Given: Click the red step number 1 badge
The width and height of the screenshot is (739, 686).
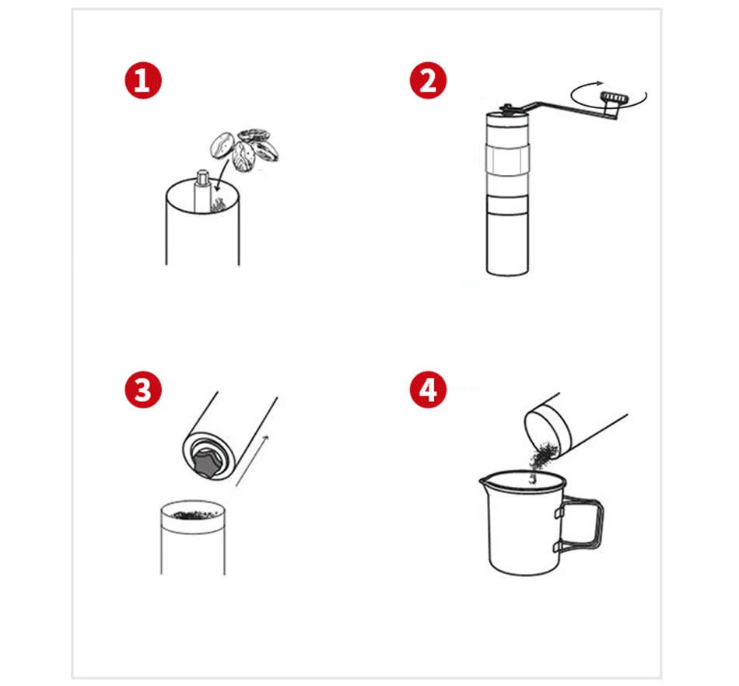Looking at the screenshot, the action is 143,80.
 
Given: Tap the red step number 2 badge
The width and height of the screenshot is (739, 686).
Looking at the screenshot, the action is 428,80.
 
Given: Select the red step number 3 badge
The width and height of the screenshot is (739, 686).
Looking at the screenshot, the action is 143,390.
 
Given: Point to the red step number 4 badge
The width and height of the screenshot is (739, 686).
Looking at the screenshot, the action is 428,390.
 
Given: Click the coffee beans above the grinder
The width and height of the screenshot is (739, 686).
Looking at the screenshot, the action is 243,150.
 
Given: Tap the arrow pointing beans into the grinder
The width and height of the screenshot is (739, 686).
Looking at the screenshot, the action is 222,175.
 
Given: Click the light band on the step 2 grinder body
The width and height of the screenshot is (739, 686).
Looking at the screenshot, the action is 508,160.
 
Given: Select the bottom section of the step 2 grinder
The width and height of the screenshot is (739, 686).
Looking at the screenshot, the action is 507,244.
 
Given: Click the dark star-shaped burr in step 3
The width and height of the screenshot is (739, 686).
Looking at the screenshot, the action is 206,463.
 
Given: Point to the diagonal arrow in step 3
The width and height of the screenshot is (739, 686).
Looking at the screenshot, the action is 252,460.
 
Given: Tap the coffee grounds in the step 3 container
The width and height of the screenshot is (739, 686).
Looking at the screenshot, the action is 194,515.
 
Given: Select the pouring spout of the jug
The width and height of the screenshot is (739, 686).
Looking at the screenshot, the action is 484,481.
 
